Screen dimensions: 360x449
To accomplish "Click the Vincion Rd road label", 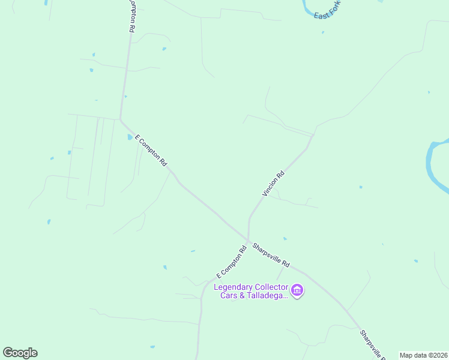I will tap(273, 184).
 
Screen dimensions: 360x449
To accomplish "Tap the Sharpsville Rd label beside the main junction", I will tap(271, 255).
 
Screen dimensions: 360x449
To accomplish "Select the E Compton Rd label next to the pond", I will tap(151, 151).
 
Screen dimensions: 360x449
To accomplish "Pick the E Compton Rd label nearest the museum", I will tap(232, 262).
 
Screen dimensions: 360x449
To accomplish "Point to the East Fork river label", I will tap(327, 10).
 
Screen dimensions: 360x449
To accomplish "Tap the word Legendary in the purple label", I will tap(235, 287).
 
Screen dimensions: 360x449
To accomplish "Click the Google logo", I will tap(20, 353).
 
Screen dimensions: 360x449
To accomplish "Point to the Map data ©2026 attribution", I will tap(423, 355).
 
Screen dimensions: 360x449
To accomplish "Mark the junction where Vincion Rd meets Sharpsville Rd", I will tap(247, 239).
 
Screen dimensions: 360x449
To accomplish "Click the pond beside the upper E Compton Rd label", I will tap(130, 137).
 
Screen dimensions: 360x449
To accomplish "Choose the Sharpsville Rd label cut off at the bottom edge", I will tap(372, 344).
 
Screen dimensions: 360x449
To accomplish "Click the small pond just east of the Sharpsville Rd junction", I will tap(285, 238).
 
